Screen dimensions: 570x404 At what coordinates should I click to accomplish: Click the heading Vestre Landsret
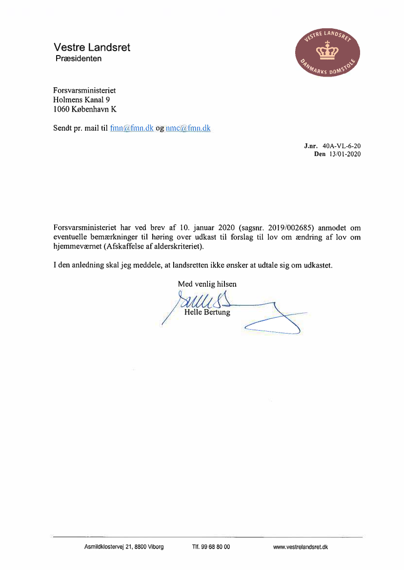coord(92,48)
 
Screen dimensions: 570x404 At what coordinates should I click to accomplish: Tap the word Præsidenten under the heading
coord(78,59)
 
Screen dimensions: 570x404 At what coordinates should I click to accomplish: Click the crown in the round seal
coord(328,49)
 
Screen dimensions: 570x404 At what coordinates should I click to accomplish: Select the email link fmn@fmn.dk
coord(132,129)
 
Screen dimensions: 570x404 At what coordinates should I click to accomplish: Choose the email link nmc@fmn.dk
coord(188,129)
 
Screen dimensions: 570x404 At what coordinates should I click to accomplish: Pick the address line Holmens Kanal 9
coord(81,100)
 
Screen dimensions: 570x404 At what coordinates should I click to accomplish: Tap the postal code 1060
coord(61,110)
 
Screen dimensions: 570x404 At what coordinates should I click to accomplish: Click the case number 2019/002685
coord(289,228)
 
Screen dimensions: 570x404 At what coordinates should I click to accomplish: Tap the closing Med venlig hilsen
coord(207,284)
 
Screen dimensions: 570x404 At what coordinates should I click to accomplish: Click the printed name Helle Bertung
coord(207,312)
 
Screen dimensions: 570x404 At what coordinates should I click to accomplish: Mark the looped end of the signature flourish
coord(273,329)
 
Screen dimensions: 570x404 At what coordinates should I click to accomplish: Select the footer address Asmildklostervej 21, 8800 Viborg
coord(124,547)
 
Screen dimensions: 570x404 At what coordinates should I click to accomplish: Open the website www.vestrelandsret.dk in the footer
coord(301,547)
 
